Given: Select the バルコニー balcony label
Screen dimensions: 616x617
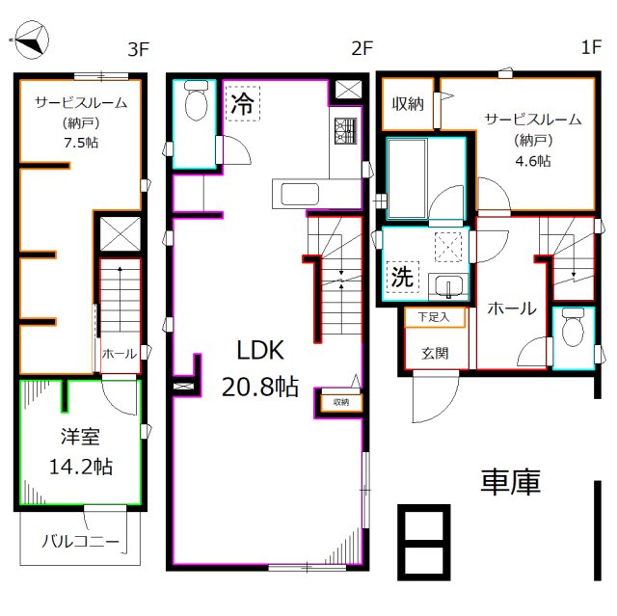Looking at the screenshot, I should click(x=81, y=543).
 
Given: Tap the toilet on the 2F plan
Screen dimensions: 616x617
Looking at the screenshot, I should click(x=197, y=102).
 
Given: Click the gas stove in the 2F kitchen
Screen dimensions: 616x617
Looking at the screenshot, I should click(x=344, y=130).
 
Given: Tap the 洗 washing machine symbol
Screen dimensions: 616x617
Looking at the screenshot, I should click(x=401, y=277).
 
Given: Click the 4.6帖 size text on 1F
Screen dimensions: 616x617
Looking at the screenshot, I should click(x=532, y=161).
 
